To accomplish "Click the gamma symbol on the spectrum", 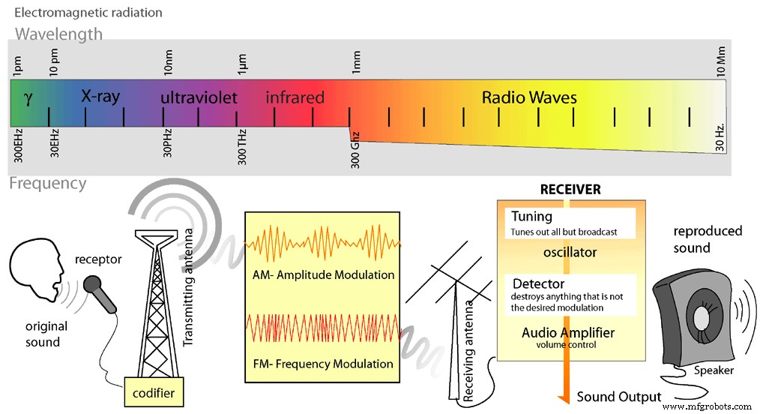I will pos(28,98).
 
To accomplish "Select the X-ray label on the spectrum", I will pos(100,97).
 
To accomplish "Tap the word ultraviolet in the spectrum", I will pos(199,97).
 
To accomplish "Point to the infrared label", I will pos(295,97).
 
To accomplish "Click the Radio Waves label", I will pos(529,97).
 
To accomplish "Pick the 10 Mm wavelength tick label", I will pos(720,61).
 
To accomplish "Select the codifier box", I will pos(154,391).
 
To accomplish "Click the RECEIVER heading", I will pos(570,190).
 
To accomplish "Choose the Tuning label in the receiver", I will pos(531,217).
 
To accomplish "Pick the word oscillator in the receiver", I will pos(570,252).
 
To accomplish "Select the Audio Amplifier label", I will pos(568,332).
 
